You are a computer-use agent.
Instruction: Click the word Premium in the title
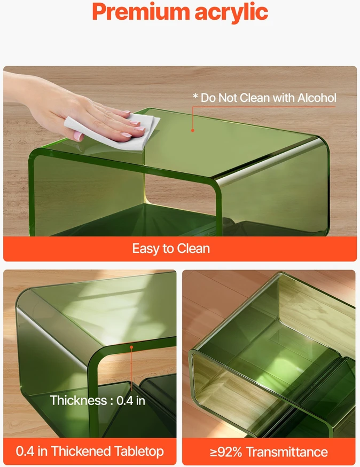(140, 12)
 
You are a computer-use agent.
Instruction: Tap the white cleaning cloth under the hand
(113, 131)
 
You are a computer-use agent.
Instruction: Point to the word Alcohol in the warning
(317, 98)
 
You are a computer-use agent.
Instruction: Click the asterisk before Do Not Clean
(195, 96)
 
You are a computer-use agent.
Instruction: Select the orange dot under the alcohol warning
(192, 130)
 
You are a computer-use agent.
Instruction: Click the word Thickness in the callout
(79, 400)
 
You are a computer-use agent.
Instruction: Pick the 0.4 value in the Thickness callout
(125, 401)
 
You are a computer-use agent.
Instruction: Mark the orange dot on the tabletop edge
(131, 347)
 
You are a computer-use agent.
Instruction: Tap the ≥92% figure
(226, 452)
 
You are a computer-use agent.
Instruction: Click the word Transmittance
(287, 452)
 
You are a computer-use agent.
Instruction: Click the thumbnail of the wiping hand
(79, 137)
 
